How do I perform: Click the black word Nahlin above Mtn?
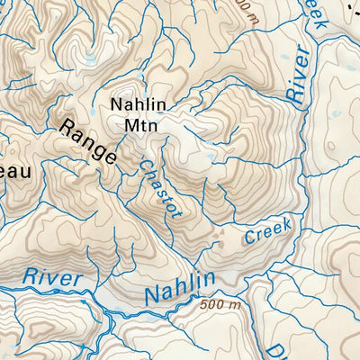[x=139, y=104]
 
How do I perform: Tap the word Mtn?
[x=139, y=125]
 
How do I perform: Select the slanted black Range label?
[x=88, y=140]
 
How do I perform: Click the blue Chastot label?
[x=161, y=188]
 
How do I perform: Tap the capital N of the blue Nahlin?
[x=154, y=295]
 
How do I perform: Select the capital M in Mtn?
[x=127, y=125]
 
